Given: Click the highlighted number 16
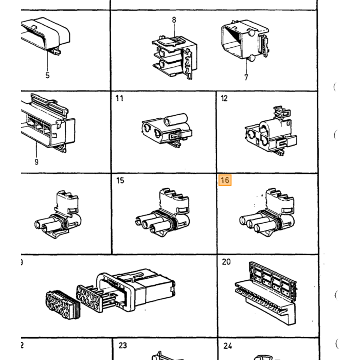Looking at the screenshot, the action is click(x=225, y=180).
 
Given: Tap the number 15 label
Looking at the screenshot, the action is click(x=120, y=181).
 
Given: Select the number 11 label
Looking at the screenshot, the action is click(x=119, y=98).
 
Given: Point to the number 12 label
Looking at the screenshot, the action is click(x=224, y=98).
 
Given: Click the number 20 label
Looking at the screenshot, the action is click(x=226, y=262).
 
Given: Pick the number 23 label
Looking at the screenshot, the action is click(x=122, y=345).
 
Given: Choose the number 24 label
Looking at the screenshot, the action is click(x=227, y=346).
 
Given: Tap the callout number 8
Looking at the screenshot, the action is click(x=174, y=20).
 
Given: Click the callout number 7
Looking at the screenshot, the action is click(x=246, y=77).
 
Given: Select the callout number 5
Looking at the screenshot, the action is click(x=47, y=75).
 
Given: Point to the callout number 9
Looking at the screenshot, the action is click(x=37, y=162).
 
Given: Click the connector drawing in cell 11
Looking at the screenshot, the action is click(x=167, y=130).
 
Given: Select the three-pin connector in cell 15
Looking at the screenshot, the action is click(x=163, y=213).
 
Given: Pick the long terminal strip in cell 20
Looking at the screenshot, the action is click(x=266, y=294).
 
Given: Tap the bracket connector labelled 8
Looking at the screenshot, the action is click(x=174, y=58).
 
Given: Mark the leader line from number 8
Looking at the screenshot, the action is click(x=174, y=30).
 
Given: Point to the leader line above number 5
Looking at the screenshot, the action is click(x=47, y=60).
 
